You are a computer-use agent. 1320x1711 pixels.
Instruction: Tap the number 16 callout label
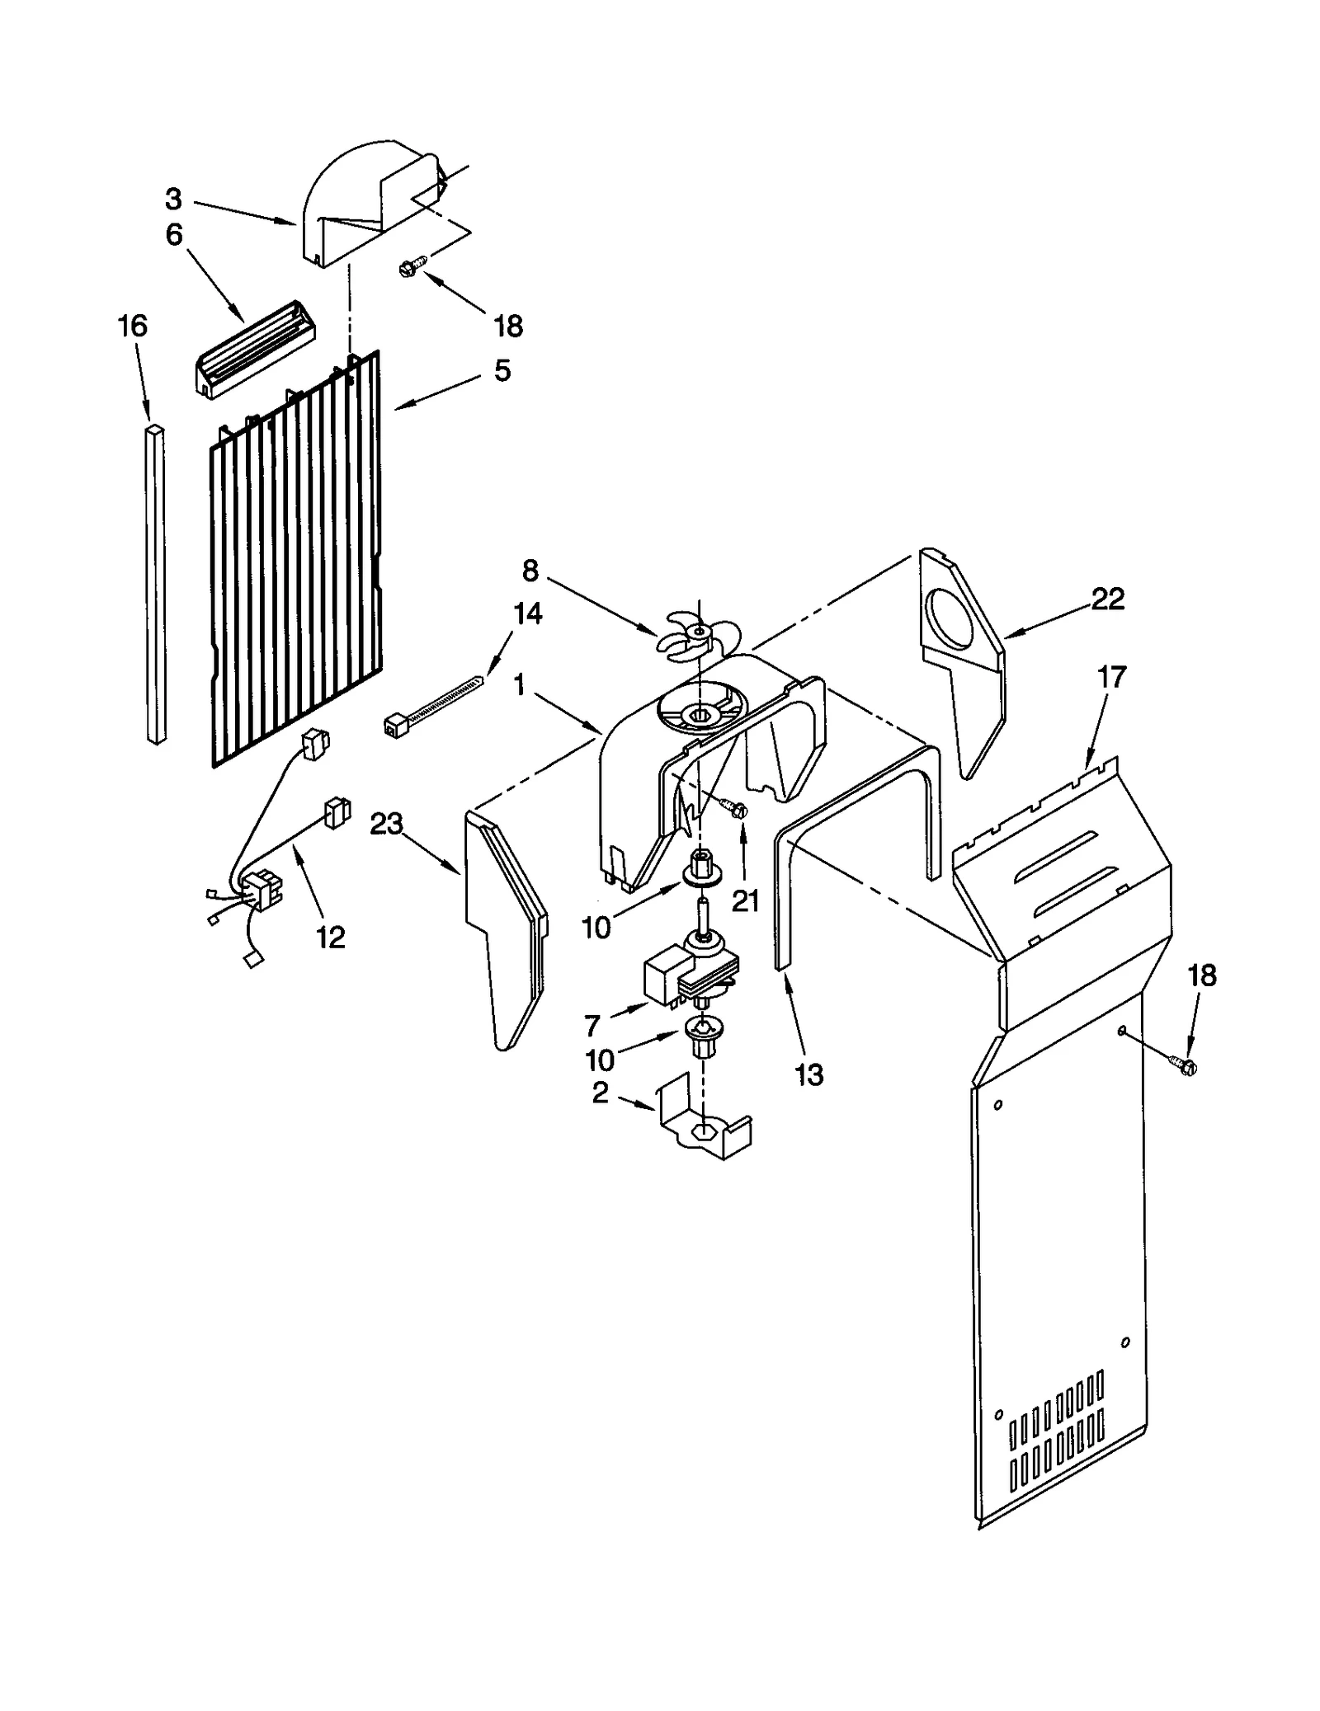(x=132, y=326)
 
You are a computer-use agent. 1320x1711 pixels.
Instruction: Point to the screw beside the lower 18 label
(x=1185, y=1065)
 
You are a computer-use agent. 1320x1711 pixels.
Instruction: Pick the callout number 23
(x=385, y=824)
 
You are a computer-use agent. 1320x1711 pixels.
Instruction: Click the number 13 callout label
(x=809, y=1074)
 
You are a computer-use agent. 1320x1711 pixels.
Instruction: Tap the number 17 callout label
(x=1111, y=678)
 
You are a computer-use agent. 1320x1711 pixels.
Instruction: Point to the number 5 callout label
(x=502, y=370)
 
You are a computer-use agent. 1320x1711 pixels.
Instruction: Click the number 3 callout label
(x=173, y=199)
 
